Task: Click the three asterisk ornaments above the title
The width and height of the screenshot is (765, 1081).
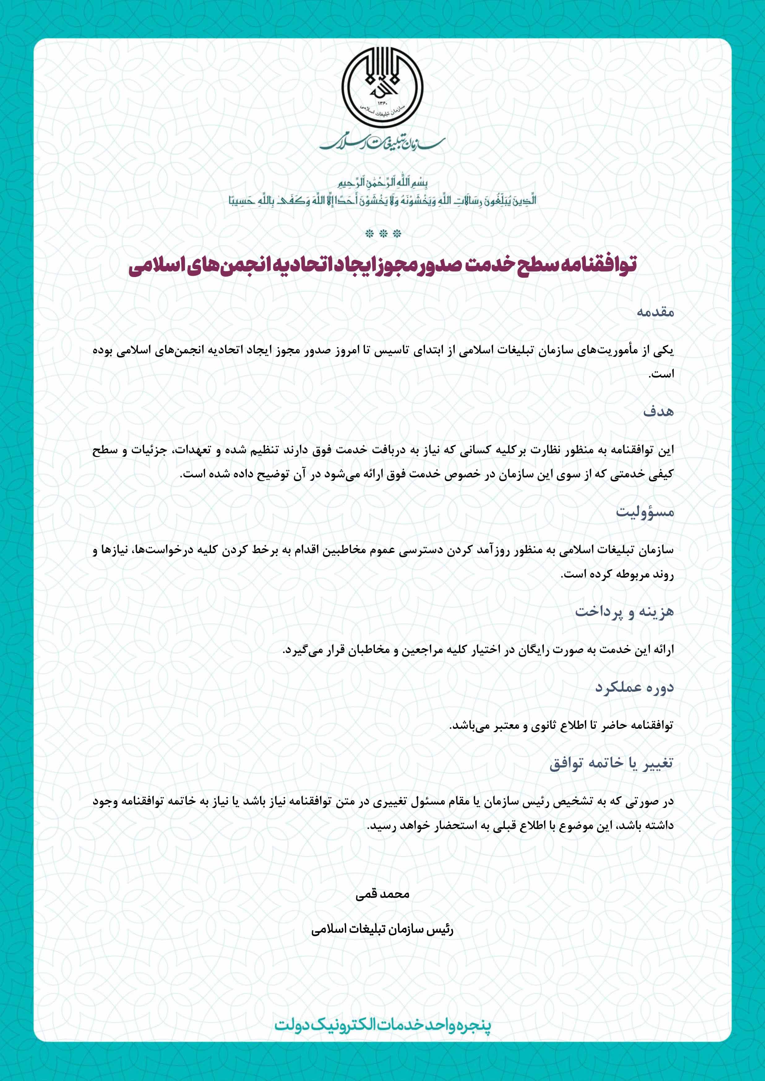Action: pos(382,233)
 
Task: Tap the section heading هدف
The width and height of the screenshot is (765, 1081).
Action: pos(659,412)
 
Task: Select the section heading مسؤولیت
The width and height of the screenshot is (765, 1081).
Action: pos(645,512)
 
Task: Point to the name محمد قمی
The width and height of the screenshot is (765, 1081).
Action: pos(382,895)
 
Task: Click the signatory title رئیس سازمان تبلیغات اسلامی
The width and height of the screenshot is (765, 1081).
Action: pos(382,930)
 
